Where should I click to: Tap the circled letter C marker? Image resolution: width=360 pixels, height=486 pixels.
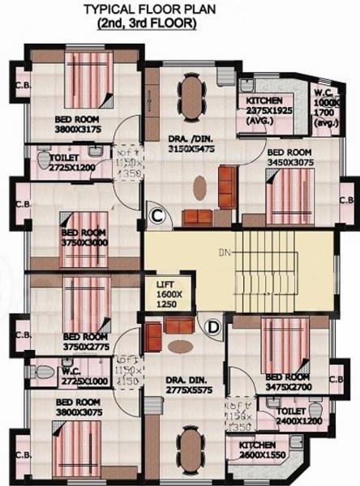coord(158,216)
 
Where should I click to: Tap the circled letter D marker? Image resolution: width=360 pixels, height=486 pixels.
coord(214,326)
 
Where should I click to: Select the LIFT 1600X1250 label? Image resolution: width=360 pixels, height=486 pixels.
coord(171,291)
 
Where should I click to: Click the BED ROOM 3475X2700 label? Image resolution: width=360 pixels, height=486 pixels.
coord(287,382)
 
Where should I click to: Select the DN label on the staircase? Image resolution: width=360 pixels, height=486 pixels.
coord(224,253)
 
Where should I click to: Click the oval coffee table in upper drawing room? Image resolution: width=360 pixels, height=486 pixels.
coord(199,190)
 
